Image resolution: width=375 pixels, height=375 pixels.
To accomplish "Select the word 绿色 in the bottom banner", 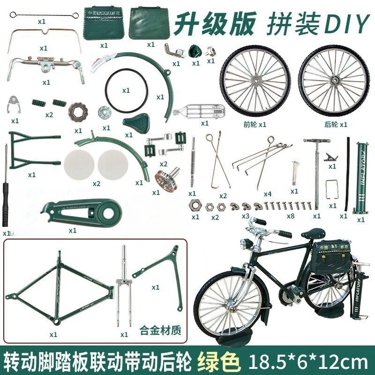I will (x=221, y=362).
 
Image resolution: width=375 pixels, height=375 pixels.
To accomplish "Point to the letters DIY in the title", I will (x=344, y=23).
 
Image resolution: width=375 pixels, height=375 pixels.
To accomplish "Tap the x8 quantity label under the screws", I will (x=291, y=217).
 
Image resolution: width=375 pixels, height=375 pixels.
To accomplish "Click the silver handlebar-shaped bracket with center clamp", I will (x=46, y=63).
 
